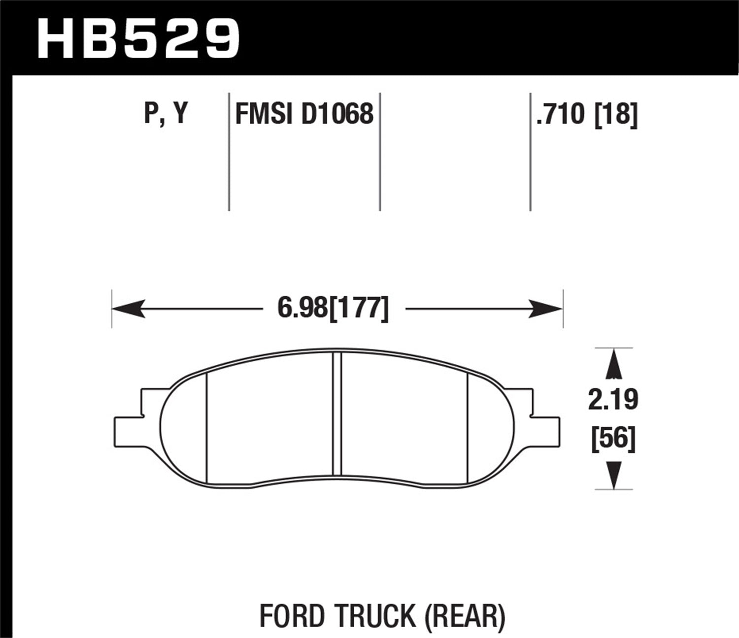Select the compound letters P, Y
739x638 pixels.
coord(166,114)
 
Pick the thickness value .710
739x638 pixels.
coord(561,114)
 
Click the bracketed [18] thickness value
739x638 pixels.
coord(616,114)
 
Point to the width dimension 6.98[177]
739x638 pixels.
coord(334,309)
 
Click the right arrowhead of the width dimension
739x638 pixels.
coord(546,309)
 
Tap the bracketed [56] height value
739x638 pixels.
coord(613,438)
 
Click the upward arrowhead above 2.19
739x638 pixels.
coord(613,364)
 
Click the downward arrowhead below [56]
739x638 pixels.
coord(613,475)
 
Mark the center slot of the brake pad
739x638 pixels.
coord(337,415)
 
